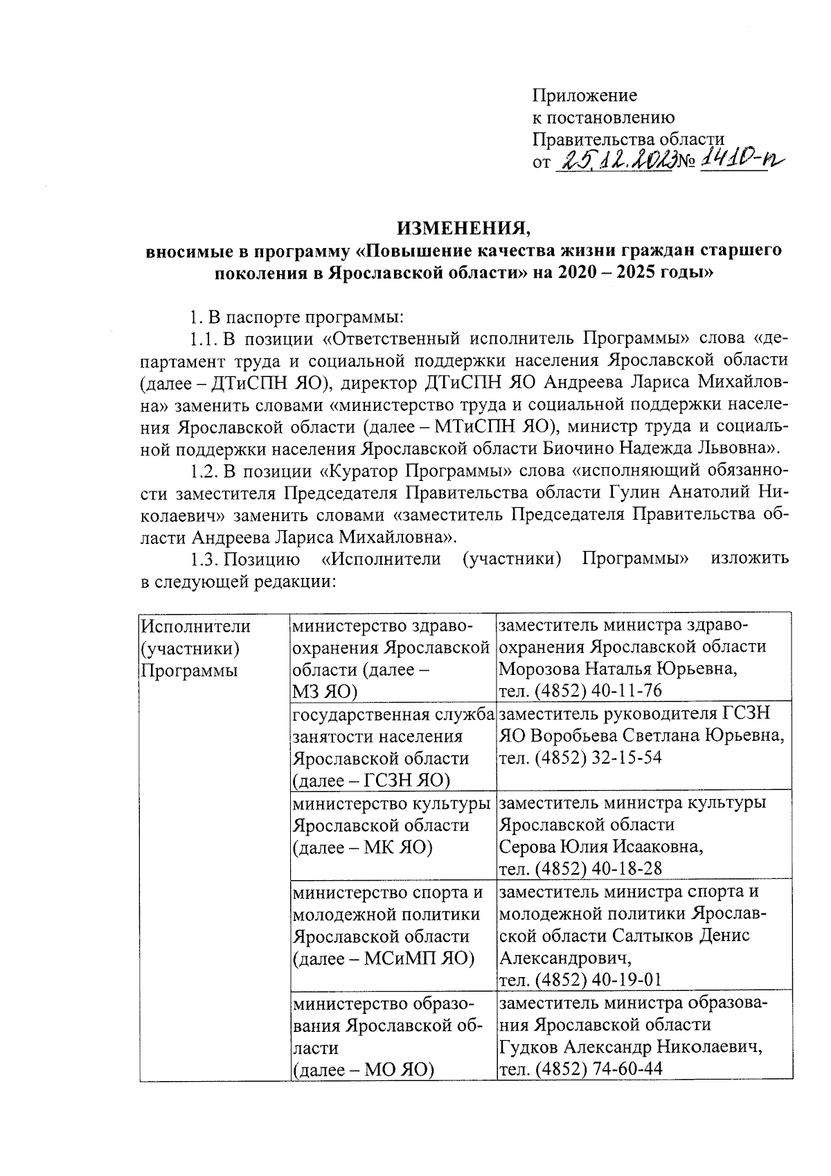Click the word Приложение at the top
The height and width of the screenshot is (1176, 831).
coord(584,95)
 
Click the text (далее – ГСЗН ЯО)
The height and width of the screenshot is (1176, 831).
coord(371,780)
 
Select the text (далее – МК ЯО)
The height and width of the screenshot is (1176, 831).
coord(362,847)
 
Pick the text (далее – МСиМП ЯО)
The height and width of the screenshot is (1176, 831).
coord(383,958)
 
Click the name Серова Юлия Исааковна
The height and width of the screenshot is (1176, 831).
coord(601,847)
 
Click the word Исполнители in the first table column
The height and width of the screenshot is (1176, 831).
coord(195,625)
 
